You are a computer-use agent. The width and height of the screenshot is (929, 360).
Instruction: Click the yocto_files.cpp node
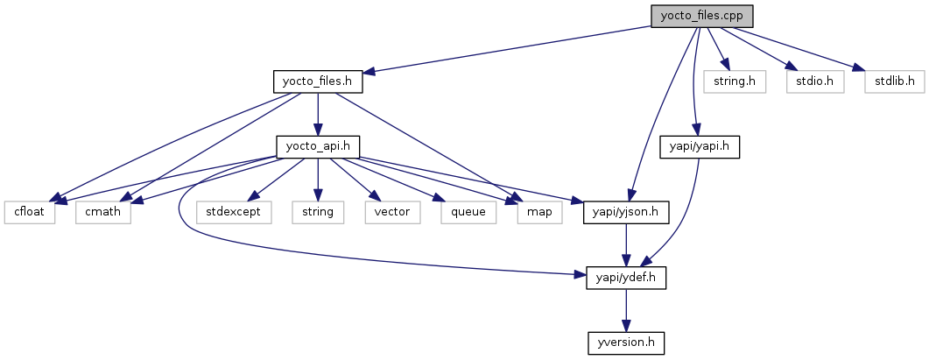(702, 16)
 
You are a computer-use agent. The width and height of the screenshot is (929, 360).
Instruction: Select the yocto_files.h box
(317, 81)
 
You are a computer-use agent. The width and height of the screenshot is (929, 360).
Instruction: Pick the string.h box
(734, 81)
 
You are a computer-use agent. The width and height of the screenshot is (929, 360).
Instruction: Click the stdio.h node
(803, 81)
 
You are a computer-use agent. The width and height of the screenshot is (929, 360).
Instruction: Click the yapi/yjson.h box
(626, 212)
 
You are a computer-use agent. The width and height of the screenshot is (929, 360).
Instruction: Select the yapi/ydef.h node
(625, 278)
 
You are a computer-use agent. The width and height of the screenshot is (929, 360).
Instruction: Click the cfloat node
(29, 212)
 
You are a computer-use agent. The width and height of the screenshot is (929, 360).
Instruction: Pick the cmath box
(103, 212)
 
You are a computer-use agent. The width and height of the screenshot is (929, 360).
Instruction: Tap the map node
(538, 212)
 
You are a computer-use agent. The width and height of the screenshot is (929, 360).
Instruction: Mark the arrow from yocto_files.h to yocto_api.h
(318, 114)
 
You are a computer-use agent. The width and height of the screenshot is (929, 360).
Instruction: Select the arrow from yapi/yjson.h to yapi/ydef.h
(625, 244)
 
